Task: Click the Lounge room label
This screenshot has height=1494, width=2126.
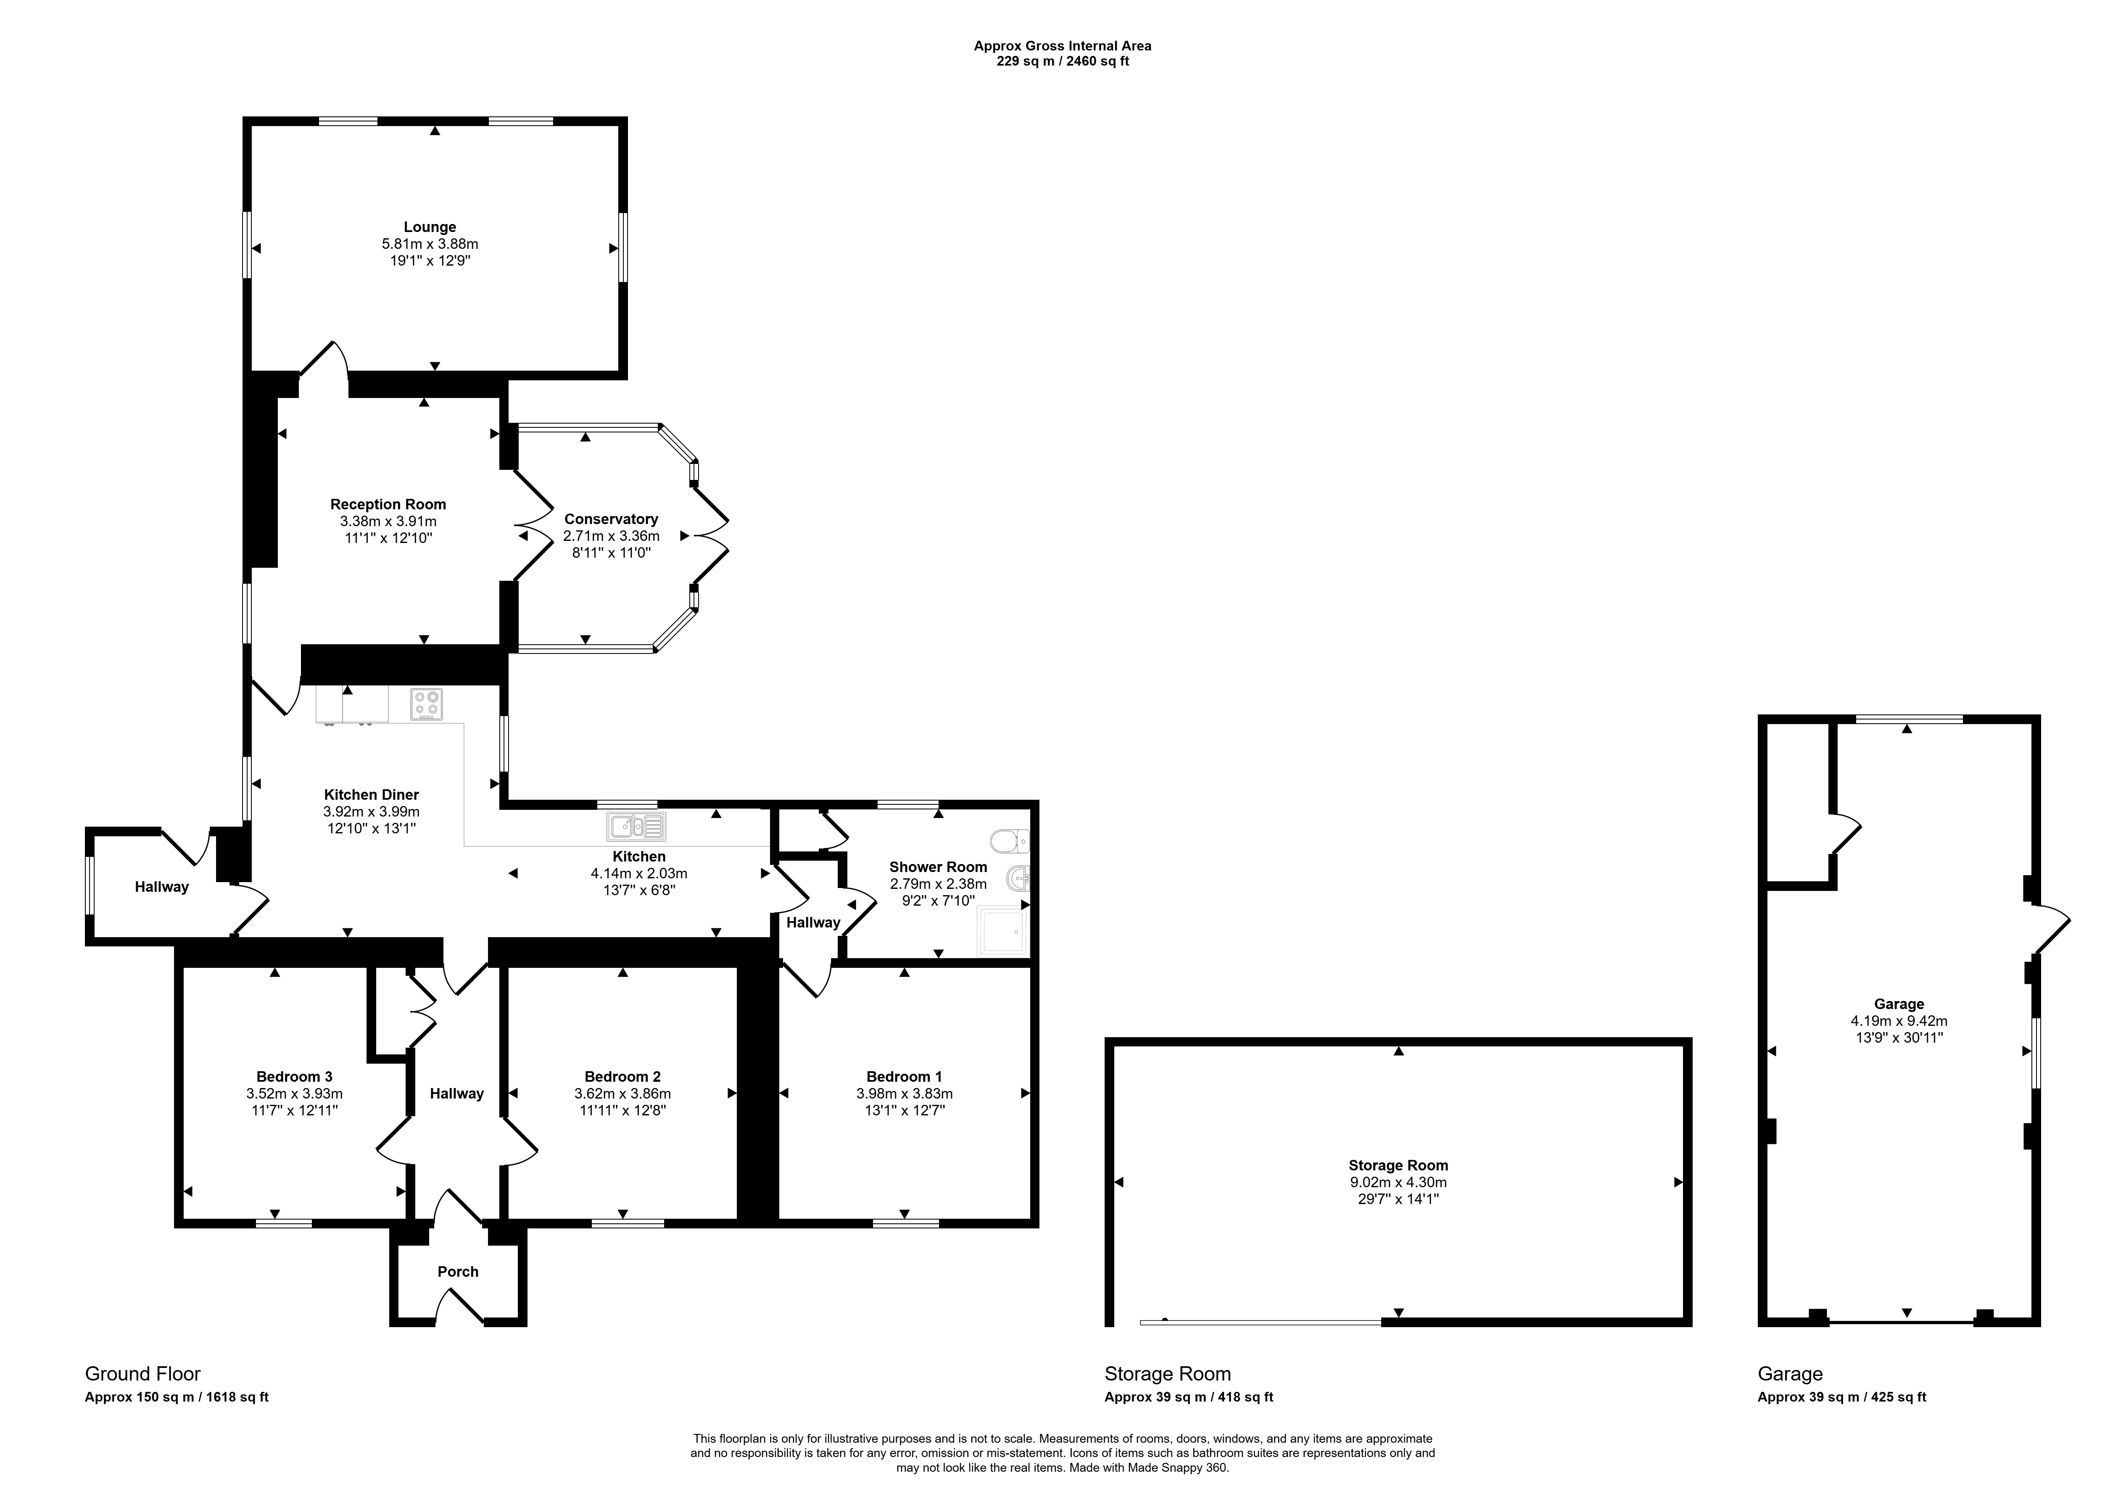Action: click(430, 227)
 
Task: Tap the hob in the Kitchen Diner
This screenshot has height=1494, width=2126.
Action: click(427, 704)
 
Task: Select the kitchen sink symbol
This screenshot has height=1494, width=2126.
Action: click(636, 827)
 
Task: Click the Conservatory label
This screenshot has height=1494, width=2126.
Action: click(611, 519)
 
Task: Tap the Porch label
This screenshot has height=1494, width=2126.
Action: click(458, 1272)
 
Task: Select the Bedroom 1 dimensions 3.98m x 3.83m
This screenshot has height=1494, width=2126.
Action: click(905, 1093)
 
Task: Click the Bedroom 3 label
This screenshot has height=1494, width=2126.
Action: click(295, 1077)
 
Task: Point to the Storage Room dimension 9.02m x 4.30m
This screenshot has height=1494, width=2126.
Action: click(1398, 1182)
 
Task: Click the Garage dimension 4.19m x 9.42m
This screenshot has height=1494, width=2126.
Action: click(1899, 1021)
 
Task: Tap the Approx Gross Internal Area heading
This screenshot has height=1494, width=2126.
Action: click(1063, 45)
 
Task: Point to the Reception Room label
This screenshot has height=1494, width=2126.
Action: click(388, 504)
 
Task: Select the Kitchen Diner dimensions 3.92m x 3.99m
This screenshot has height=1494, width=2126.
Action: click(371, 811)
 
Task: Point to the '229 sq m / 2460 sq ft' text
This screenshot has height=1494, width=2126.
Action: click(1063, 61)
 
